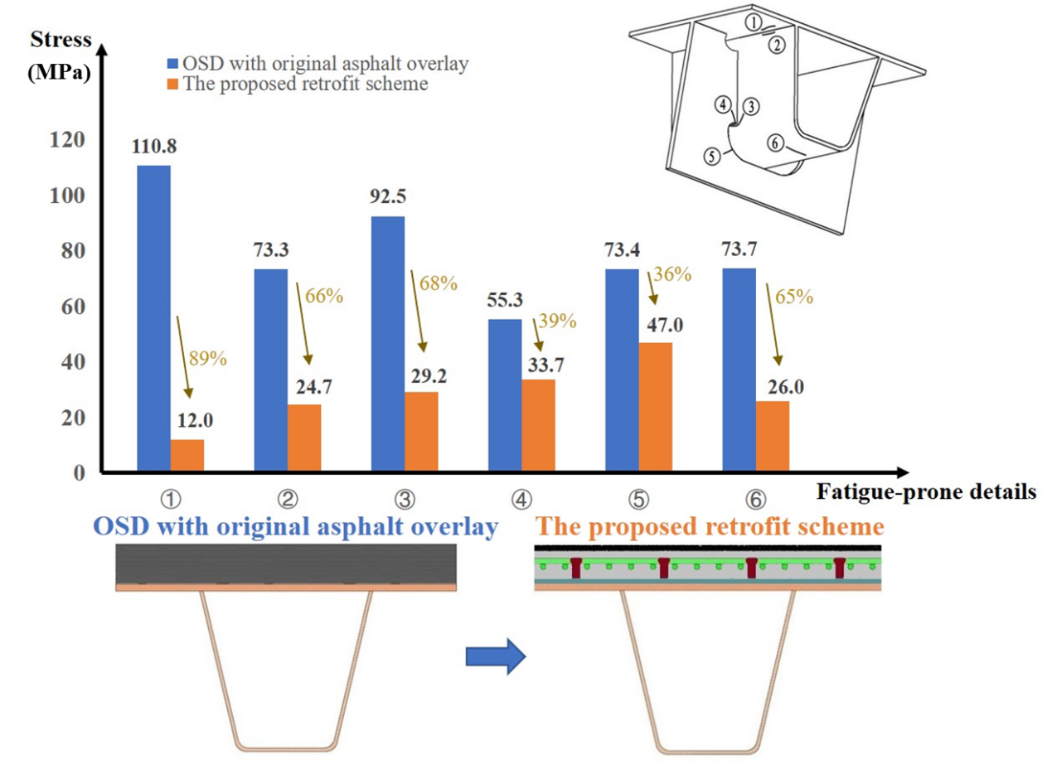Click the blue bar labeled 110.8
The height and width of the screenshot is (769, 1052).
coord(153,319)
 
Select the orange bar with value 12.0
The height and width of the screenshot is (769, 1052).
coord(187,456)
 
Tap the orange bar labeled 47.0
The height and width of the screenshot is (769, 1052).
coord(655,407)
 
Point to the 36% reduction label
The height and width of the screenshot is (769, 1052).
coord(672,274)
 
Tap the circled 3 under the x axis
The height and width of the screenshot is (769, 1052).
coord(405,499)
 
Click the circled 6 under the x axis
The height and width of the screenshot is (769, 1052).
coord(755,499)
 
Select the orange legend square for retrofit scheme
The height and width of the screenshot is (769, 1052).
coord(172,83)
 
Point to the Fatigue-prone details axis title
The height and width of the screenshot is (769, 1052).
coord(926,492)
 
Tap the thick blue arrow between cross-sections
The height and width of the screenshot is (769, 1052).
coord(495,656)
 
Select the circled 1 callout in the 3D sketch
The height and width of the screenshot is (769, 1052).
coord(752,24)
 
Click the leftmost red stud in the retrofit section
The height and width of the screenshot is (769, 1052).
coord(576,568)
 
